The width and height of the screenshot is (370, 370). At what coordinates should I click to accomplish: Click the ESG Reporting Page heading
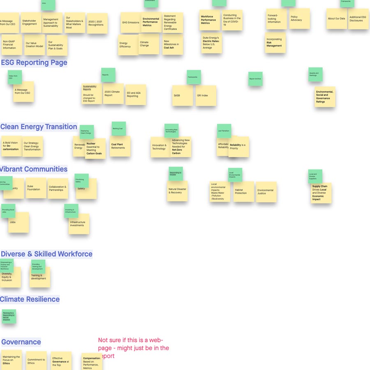click(34, 63)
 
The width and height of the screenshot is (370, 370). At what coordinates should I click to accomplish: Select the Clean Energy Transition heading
click(39, 127)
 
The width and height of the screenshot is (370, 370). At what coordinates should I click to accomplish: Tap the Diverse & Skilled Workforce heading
click(46, 254)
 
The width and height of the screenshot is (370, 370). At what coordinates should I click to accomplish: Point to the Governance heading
click(21, 342)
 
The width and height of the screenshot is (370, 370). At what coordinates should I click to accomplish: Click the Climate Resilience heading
click(30, 299)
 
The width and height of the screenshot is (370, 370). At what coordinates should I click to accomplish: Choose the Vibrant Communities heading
click(34, 169)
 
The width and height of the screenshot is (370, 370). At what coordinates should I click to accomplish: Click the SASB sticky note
click(182, 96)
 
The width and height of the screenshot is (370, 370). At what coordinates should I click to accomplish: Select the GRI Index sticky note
click(206, 96)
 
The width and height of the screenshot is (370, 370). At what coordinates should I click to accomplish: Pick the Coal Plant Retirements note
click(120, 146)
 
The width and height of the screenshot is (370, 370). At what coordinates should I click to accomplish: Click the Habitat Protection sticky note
click(243, 192)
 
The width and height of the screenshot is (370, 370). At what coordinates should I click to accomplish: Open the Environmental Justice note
click(266, 192)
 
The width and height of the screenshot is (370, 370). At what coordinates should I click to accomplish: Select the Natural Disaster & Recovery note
click(178, 191)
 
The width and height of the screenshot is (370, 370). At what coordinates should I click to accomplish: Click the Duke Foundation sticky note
click(36, 188)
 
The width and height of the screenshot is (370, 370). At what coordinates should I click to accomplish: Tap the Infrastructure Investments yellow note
click(79, 224)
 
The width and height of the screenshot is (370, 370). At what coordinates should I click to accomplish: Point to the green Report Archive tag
click(255, 79)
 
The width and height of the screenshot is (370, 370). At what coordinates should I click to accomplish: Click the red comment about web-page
click(134, 348)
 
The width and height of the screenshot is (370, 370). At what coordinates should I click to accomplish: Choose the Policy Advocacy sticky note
click(299, 19)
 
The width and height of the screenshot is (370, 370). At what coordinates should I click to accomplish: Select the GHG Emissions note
click(131, 23)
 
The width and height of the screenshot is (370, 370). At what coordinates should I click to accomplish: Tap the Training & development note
click(39, 277)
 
